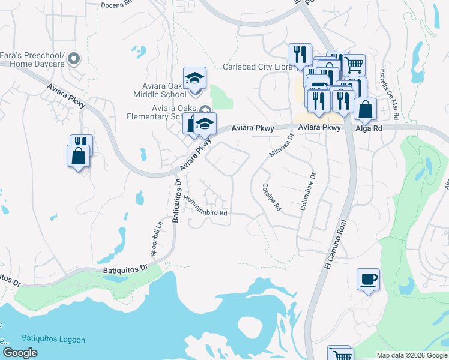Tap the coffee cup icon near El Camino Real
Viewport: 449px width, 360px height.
pos(368,280)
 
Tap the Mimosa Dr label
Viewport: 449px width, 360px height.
pos(281,144)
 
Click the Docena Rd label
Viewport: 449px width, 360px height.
pos(116,5)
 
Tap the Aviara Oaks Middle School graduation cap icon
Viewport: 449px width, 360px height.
pos(194,78)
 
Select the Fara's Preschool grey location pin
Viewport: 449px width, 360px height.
pos(74,59)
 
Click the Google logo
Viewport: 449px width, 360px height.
pos(20,353)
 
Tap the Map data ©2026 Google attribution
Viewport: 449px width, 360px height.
pos(411,355)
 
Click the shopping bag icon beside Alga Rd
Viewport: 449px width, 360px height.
pos(364,110)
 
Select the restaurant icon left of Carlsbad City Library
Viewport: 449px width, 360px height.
pos(298,55)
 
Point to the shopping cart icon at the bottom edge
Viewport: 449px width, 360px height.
pos(338,354)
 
